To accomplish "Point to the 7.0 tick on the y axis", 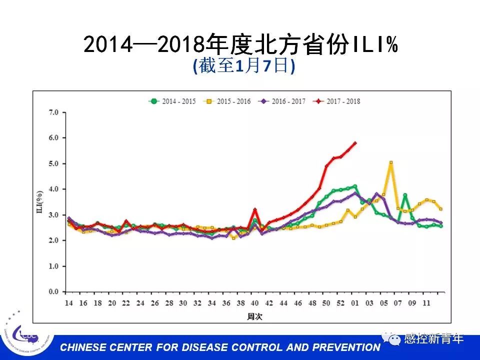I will [52, 112].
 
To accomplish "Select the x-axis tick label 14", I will [69, 303].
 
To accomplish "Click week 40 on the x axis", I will [255, 303].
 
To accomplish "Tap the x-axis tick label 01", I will [355, 303].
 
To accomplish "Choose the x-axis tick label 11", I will [426, 303].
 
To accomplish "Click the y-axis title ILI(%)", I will [39, 202].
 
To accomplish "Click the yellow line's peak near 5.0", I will [391, 162].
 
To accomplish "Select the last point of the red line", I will [355, 142].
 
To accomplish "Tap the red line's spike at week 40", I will [255, 209].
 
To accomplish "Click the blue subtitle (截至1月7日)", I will [244, 66].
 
